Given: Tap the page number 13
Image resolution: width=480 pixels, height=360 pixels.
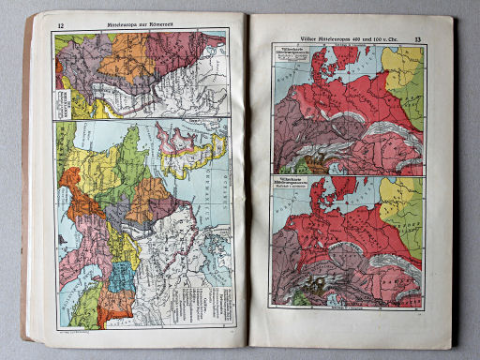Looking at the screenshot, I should (419, 38).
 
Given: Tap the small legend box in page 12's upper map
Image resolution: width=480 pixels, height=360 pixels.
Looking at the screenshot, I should (67, 98).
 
